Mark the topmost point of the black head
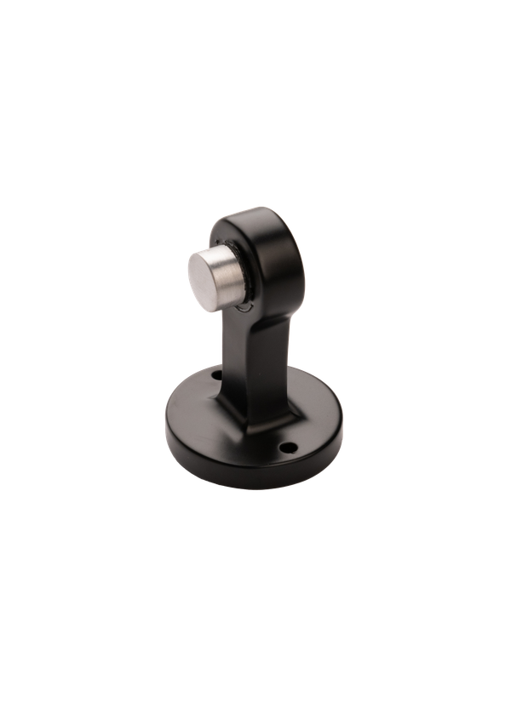(x=255, y=206)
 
